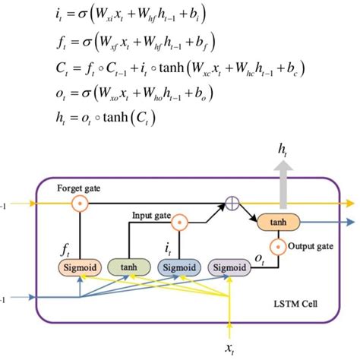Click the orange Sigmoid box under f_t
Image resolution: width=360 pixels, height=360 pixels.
(77, 267)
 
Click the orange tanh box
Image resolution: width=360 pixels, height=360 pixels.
(279, 223)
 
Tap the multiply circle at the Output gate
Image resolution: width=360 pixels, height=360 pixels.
(279, 246)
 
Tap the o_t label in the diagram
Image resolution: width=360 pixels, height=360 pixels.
(258, 259)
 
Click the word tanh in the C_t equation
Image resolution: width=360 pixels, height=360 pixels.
(166, 69)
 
